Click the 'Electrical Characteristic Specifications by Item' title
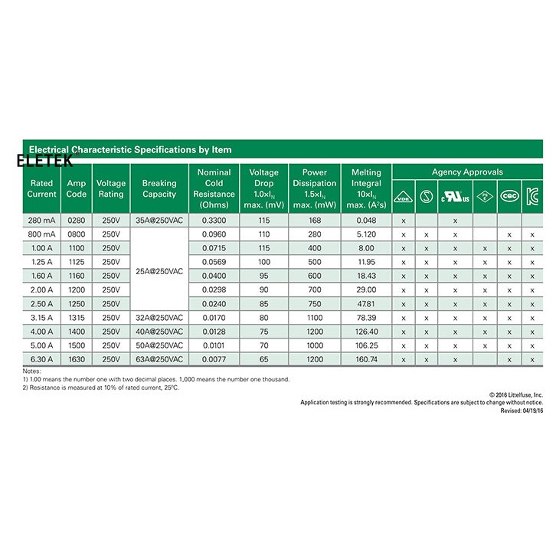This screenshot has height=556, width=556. pos(130,149)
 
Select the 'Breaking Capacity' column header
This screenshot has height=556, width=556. pos(159,188)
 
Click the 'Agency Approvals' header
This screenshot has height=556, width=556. pos(467,172)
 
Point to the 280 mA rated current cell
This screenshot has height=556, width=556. pos(42,221)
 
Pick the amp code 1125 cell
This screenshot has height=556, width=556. pos(77,262)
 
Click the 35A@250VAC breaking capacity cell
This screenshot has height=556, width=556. pos(159,221)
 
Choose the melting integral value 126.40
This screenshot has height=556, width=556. pos(366,331)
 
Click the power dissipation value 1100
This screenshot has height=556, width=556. pos(315,317)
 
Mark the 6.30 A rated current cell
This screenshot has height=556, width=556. pos(42,358)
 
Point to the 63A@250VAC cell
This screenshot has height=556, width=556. pos(159,358)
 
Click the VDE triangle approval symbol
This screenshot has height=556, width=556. pos(403,197)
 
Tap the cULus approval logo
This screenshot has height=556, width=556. pos(455,197)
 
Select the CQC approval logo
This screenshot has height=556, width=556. pos(509,197)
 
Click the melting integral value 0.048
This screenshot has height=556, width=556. pos(366,221)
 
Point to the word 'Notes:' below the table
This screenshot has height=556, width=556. pos(31,371)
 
